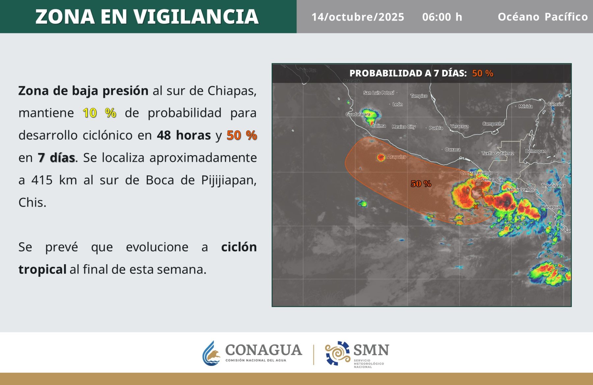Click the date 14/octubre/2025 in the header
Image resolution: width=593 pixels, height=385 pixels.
(x=358, y=17)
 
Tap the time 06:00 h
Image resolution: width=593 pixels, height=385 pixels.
(x=442, y=17)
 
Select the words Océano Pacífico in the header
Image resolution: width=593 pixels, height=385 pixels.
(x=543, y=16)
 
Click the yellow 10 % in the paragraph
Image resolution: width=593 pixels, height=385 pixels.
(x=99, y=113)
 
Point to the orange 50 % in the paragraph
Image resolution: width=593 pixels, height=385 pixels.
(x=242, y=135)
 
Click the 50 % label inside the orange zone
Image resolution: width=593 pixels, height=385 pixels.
(x=421, y=184)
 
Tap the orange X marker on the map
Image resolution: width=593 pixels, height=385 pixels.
(x=476, y=207)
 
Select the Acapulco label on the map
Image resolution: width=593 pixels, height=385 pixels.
(x=397, y=157)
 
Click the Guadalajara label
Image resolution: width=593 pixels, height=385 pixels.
(x=358, y=114)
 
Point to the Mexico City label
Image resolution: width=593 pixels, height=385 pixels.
(x=404, y=127)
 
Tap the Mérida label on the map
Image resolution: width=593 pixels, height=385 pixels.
(x=525, y=106)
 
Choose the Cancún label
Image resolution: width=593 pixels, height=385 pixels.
(x=555, y=104)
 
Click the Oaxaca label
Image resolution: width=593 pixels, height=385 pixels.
(x=453, y=149)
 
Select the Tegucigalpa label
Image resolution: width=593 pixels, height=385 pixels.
(x=553, y=185)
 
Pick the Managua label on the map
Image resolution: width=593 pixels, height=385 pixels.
(x=550, y=207)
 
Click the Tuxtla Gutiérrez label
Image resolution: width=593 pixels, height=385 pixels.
(x=498, y=153)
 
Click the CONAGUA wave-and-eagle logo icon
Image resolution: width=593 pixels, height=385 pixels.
(x=211, y=353)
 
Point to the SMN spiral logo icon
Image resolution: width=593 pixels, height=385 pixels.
(x=338, y=353)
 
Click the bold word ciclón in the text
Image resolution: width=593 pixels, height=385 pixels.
(x=239, y=247)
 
